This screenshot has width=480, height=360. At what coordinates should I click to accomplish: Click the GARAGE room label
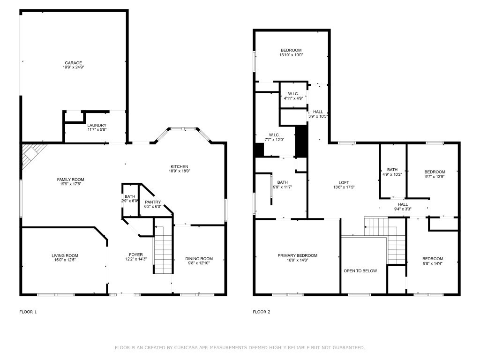tap(74, 62)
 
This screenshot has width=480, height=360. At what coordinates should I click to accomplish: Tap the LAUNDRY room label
tap(97, 125)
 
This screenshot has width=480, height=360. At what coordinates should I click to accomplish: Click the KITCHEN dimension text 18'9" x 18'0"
tap(179, 171)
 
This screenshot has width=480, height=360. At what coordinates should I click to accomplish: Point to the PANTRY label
tap(152, 202)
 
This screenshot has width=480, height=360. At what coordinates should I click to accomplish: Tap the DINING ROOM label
tap(199, 258)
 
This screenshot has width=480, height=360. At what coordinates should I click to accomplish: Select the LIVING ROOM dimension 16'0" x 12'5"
tap(65, 260)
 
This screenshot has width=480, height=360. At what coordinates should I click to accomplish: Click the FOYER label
tap(136, 255)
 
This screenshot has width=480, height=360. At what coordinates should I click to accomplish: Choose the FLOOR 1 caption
tap(28, 312)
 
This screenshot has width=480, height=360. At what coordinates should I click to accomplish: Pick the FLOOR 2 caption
tap(262, 312)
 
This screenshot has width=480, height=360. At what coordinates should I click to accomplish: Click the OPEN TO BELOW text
tap(360, 270)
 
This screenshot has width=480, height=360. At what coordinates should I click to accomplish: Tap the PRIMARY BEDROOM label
tap(297, 255)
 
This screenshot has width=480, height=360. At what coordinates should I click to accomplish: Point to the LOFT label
tap(344, 183)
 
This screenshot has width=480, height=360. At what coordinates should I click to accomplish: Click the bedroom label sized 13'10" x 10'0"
tap(291, 50)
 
